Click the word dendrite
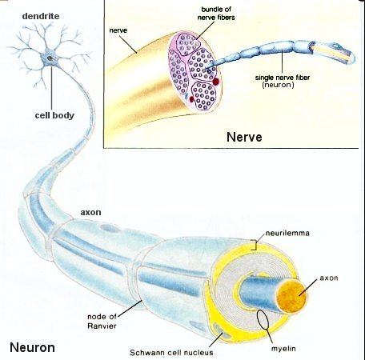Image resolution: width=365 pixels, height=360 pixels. coord(41,16)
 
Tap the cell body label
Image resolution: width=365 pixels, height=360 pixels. coord(54,115)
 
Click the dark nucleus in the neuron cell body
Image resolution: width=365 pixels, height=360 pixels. coord(50,58)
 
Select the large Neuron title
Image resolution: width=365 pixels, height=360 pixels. coord(32,347)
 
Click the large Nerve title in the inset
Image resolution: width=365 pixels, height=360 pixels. coord(244,137)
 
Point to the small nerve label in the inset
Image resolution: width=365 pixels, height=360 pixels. coord(118,30)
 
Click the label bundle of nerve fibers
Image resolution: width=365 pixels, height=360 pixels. coord(216,14)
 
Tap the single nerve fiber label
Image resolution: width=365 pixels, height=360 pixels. coord(283,78)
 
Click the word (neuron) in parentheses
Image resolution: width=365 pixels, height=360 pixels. coord(278,85)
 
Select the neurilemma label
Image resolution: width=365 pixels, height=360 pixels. coord(287,233)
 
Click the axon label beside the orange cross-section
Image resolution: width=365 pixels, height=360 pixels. coord(329,278)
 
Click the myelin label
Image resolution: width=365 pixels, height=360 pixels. coord(283,348)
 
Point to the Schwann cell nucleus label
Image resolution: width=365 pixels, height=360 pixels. coord(171,353)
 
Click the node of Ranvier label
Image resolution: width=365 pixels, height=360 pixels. coord(102,321)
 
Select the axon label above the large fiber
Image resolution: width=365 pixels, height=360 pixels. coord(90,213)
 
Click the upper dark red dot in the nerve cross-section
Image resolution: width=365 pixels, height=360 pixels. coord(216,82)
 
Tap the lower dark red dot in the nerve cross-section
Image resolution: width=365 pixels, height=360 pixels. coord(191,99)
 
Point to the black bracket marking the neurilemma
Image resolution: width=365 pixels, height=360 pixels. coord(255,245)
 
